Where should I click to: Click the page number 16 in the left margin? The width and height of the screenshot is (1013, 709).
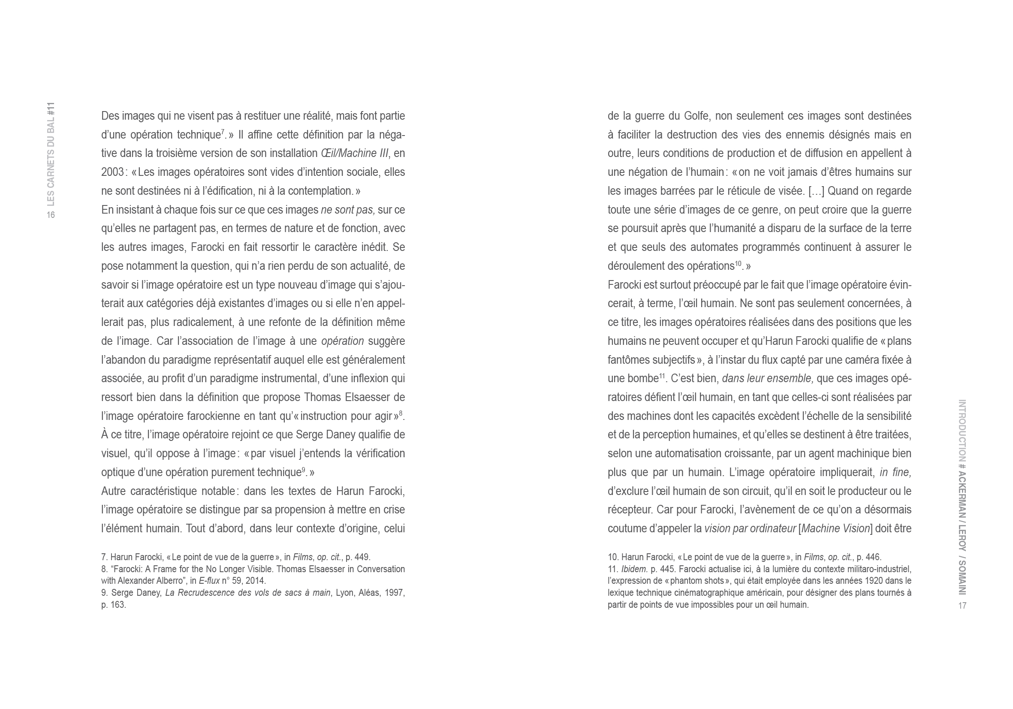point(51,215)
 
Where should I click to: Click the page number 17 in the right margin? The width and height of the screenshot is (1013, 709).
point(962,606)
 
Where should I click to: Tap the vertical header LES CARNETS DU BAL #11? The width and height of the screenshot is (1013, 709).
point(51,154)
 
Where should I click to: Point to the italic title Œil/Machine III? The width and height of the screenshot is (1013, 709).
point(354,154)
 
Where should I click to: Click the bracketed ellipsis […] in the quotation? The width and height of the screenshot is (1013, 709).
point(816,191)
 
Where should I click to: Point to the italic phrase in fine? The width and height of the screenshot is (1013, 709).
point(895,473)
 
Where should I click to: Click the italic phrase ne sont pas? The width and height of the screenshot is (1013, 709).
point(348,210)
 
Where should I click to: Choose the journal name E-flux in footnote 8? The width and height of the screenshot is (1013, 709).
point(209,581)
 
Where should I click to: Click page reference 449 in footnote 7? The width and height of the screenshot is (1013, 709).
point(362,557)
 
